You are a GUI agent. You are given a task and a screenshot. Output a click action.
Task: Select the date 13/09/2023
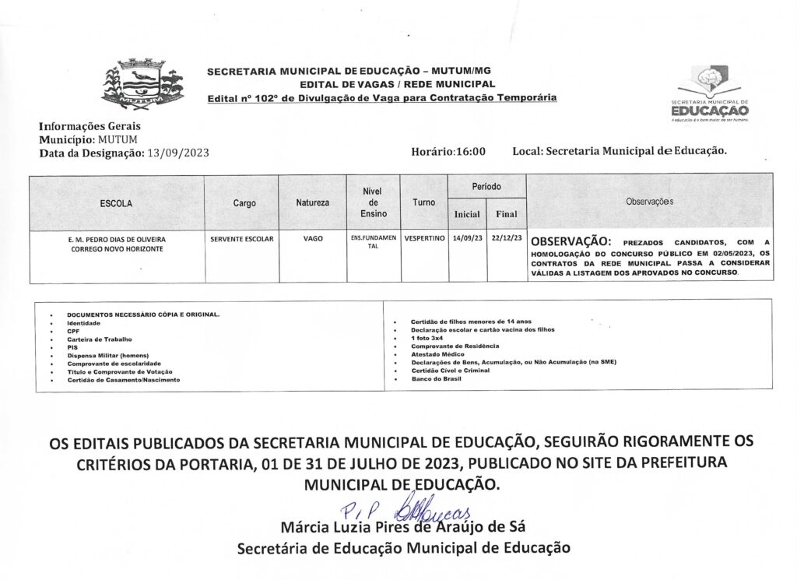[x=177, y=153]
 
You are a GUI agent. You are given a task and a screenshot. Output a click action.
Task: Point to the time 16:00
[x=470, y=152]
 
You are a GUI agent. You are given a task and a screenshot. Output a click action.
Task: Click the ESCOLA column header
[x=117, y=203]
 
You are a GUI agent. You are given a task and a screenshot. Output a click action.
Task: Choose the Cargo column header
[x=244, y=203]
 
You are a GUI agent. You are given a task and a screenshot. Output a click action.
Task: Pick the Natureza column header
[x=312, y=203]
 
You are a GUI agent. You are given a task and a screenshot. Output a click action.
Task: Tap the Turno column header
[x=424, y=202]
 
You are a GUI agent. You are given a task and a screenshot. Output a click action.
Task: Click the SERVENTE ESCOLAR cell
[x=242, y=238]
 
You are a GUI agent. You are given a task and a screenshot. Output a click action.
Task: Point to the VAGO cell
[x=313, y=238]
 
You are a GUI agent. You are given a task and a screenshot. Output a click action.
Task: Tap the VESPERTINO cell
[x=424, y=238]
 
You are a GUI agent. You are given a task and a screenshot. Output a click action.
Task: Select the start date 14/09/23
[x=467, y=238]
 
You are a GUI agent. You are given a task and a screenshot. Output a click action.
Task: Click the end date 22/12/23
[x=506, y=238]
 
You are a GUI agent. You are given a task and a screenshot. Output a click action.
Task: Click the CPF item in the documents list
[x=74, y=330]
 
